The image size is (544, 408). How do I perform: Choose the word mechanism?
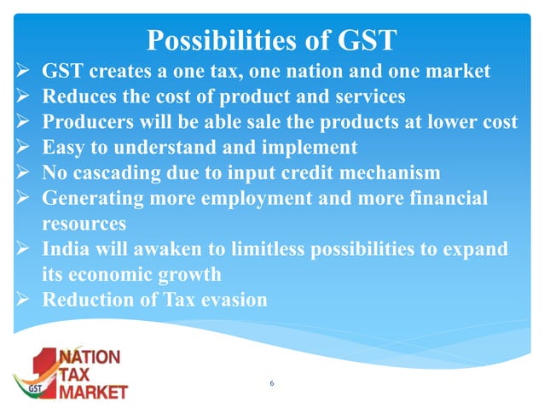pos(391,173)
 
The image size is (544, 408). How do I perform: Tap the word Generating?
pos(90,199)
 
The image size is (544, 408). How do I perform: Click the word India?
pos(65,250)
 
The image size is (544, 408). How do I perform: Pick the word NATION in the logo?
pos(88,358)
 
